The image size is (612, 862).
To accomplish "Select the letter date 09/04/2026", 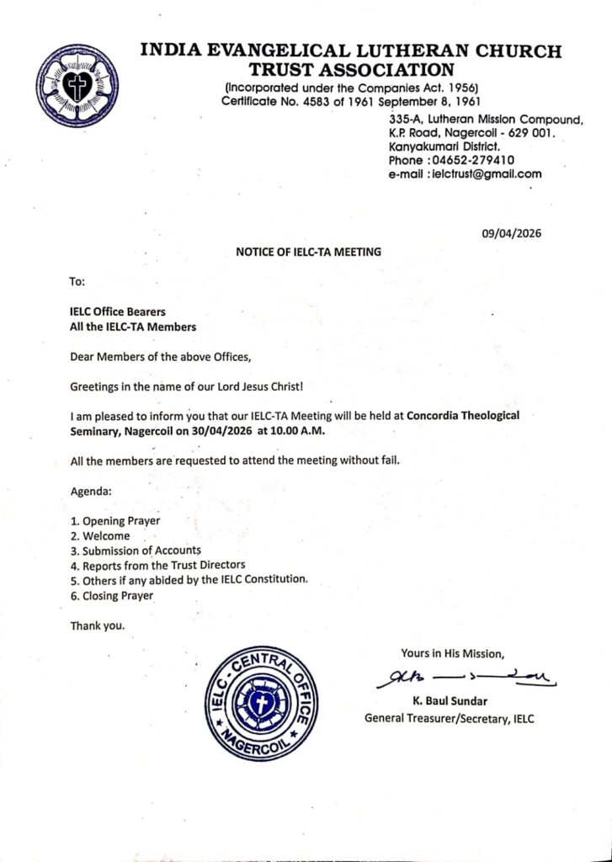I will pyautogui.click(x=512, y=234).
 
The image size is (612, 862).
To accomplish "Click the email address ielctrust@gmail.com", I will pyautogui.click(x=487, y=174).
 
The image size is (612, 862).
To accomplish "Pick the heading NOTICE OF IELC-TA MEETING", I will pyautogui.click(x=308, y=251).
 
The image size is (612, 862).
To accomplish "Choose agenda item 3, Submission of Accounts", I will pyautogui.click(x=136, y=551).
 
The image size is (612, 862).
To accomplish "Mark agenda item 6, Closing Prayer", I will pyautogui.click(x=112, y=596).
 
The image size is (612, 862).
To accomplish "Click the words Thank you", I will pyautogui.click(x=97, y=625).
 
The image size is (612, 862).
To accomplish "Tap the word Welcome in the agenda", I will pyautogui.click(x=106, y=535).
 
